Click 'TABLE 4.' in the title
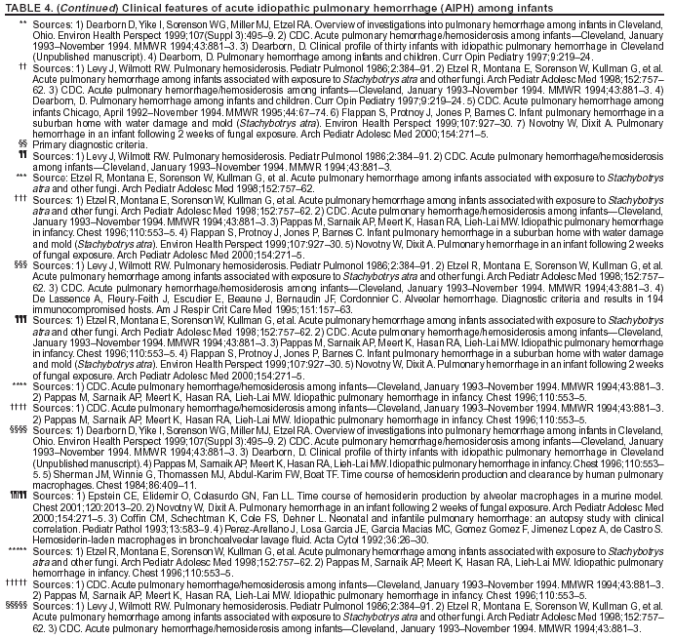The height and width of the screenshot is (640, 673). tap(26, 7)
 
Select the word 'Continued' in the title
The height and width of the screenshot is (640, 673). tap(87, 7)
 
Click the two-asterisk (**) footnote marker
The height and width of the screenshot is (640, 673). tap(22, 21)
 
